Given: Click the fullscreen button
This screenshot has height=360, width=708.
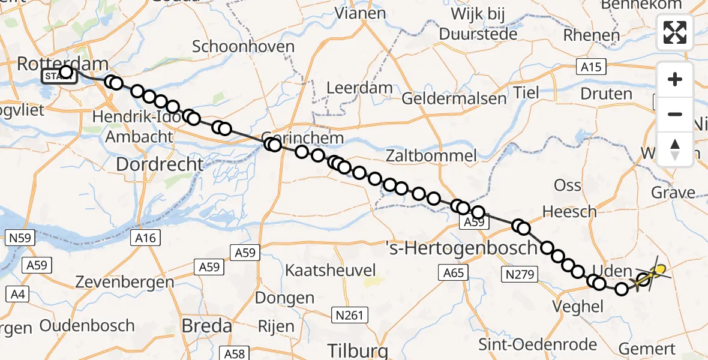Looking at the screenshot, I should pos(675,32).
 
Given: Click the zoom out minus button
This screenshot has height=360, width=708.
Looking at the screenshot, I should pos(675,114).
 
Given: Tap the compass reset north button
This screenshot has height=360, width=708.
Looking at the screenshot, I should pos(675,149).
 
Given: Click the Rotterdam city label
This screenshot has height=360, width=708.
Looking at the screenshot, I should pos(63,63).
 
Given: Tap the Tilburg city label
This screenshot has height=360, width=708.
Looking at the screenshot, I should pos(358,350).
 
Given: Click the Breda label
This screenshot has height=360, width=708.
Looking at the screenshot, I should pos(206,326).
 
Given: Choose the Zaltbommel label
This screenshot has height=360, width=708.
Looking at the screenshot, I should pos(432,156).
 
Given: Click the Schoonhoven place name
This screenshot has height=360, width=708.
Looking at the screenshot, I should pos(244,47).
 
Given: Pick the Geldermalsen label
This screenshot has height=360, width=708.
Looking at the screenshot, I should pos(446,98).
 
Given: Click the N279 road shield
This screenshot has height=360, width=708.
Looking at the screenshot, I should pos(517,274).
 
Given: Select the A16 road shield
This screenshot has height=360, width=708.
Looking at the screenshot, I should pos(145,238).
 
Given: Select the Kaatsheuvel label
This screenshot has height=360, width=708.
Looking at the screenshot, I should pos(330,269).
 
